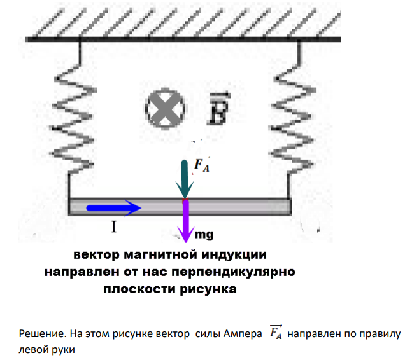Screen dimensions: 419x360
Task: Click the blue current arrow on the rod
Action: point(113,207)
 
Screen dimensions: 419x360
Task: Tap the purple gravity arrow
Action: point(186,221)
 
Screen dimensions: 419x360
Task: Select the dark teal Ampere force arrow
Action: point(185,179)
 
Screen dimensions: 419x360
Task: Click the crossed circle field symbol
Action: point(165,109)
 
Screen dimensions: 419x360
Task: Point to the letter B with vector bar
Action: point(218,109)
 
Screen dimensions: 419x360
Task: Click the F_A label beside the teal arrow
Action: point(202,165)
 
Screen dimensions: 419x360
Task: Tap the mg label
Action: point(204,235)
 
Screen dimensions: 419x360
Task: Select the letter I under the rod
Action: point(114,227)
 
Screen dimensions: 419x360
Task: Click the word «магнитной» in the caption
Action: point(161,254)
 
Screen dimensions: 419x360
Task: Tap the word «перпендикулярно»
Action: point(233,272)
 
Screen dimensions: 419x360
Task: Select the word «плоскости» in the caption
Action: point(139,289)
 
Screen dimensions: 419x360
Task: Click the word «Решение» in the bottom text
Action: point(42,334)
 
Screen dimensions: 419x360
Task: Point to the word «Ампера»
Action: point(243,334)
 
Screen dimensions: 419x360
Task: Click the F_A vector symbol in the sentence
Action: point(276,332)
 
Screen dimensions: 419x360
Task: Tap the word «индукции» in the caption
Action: point(234,254)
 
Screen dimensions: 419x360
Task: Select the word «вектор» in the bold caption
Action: point(96,255)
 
